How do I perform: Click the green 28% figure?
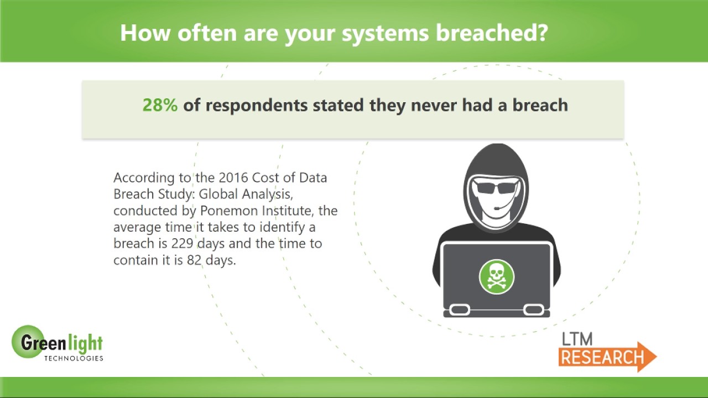[160, 105]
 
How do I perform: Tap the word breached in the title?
[492, 33]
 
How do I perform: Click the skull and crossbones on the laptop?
[496, 277]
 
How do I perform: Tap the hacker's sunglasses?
[496, 187]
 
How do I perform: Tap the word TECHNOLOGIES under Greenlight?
[74, 358]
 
